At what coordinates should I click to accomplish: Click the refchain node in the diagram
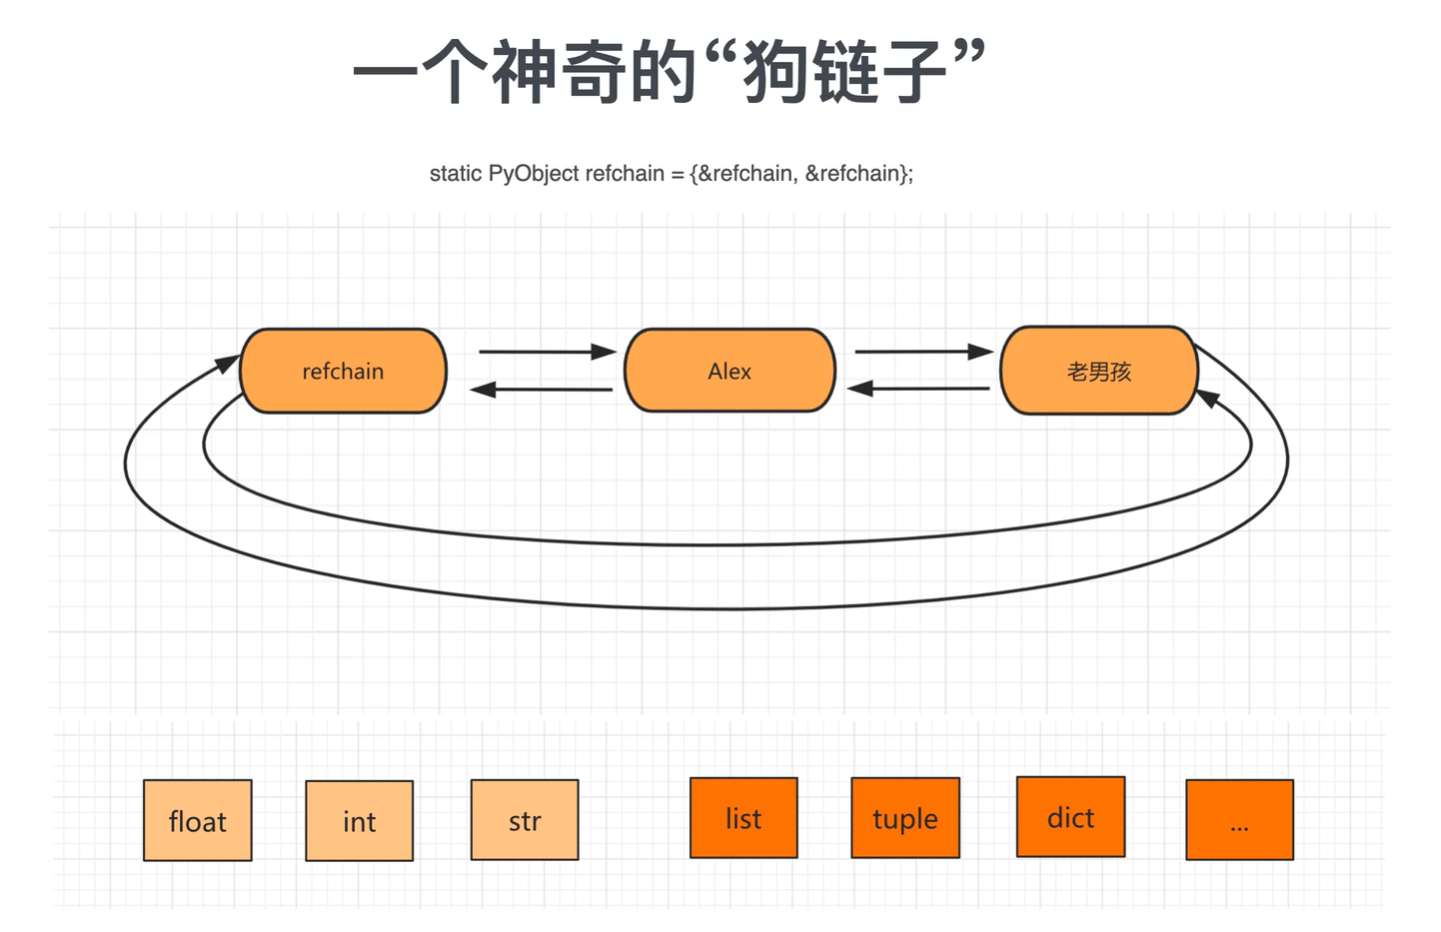click(343, 371)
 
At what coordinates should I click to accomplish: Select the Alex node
click(729, 371)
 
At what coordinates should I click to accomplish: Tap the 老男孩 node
click(1098, 371)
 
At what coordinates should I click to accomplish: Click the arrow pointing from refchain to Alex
click(547, 352)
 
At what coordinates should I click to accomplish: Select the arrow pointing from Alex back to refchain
click(541, 390)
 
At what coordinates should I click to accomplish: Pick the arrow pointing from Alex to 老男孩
click(923, 352)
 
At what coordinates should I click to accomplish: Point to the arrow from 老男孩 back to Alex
click(918, 389)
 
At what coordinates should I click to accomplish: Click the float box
click(198, 820)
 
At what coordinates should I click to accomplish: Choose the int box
click(359, 820)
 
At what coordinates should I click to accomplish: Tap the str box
click(525, 820)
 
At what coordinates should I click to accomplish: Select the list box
click(743, 818)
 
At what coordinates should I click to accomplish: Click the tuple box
click(905, 818)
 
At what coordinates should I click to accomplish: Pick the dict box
click(1070, 817)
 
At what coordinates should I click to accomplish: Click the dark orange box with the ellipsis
click(1239, 820)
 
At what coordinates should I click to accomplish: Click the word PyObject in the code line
click(534, 174)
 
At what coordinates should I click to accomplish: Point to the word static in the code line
click(456, 174)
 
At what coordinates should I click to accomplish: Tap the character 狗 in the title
click(776, 72)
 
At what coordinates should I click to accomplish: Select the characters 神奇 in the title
click(594, 72)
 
